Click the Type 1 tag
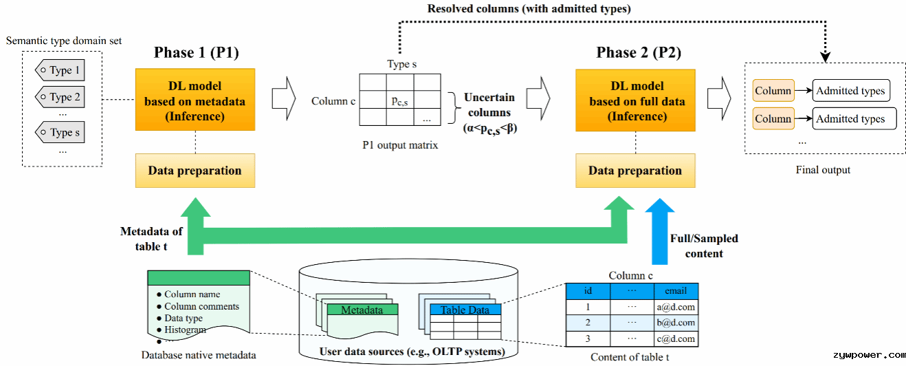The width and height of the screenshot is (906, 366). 60,70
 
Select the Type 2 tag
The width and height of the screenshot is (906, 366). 60,97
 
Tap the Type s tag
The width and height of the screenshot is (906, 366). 60,132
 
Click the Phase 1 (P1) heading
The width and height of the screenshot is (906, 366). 196,52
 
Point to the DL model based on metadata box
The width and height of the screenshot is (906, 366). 195,100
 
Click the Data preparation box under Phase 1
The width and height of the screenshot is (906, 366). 195,171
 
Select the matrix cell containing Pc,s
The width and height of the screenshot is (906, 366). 400,100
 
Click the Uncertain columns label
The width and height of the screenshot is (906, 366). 489,105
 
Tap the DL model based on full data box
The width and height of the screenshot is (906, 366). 635,100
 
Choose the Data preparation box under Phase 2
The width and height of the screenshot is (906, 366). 635,171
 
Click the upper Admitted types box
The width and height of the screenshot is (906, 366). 851,90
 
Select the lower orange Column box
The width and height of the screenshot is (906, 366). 773,118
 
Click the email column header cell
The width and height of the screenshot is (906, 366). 676,291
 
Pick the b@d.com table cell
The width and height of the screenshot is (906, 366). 676,323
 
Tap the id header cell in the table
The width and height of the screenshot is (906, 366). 588,291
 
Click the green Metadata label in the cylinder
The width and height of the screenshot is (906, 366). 362,310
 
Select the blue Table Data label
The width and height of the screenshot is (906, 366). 465,310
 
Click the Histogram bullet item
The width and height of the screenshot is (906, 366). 181,330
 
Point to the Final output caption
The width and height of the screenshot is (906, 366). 823,170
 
